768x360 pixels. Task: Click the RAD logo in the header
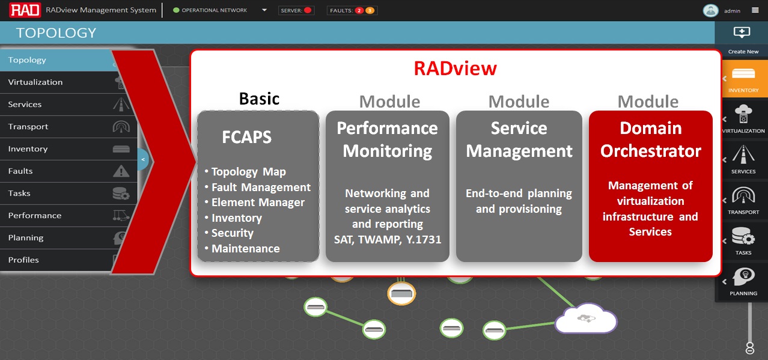tap(25, 10)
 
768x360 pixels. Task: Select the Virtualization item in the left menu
tap(35, 82)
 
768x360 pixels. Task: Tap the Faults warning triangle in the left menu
tap(121, 171)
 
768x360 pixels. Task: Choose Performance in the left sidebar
tap(35, 215)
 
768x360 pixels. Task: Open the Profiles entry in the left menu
tap(23, 260)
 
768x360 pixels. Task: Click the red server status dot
tap(308, 10)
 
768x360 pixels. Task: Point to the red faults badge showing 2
tap(359, 10)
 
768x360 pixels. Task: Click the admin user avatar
tap(710, 10)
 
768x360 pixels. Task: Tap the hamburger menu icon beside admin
tap(755, 10)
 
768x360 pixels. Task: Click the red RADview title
tap(455, 69)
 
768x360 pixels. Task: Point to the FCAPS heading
tap(246, 137)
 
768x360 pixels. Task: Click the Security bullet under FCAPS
tap(232, 233)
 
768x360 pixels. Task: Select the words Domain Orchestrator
tap(650, 139)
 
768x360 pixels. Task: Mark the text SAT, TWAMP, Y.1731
tap(388, 239)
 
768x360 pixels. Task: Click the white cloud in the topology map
tap(586, 318)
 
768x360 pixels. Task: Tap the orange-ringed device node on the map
tap(401, 293)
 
